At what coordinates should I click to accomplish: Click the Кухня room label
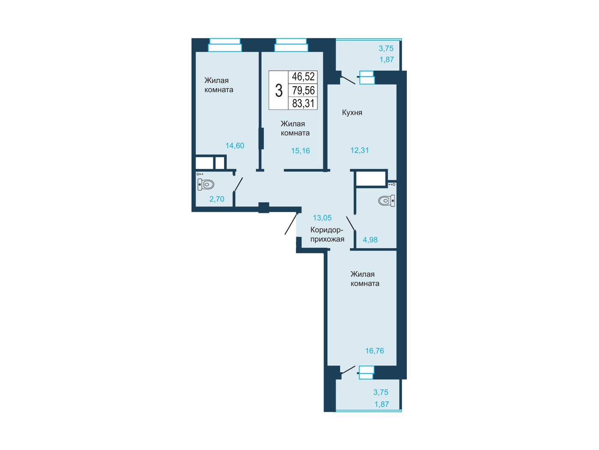[x=352, y=113]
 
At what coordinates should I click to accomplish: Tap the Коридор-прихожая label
[x=327, y=234]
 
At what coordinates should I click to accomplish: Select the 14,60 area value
[x=235, y=146]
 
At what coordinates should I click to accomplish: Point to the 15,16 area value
[x=300, y=150]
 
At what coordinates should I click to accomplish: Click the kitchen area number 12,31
[x=359, y=150]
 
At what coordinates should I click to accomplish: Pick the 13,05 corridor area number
[x=322, y=218]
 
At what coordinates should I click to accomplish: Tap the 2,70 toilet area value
[x=216, y=199]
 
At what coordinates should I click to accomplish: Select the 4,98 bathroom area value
[x=370, y=240]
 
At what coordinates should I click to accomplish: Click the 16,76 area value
[x=374, y=351]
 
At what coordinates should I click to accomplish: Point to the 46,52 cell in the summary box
[x=303, y=77]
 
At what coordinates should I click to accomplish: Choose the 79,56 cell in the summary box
[x=303, y=90]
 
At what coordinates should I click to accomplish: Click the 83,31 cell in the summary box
[x=303, y=103]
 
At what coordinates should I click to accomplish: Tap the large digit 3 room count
[x=279, y=90]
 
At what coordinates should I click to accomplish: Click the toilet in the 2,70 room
[x=206, y=184]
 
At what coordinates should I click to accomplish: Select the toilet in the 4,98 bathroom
[x=386, y=201]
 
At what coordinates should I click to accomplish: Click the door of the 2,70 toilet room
[x=239, y=184]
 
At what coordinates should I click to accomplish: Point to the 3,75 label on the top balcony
[x=386, y=48]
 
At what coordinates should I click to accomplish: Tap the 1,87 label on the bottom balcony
[x=382, y=404]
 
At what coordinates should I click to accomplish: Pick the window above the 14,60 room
[x=225, y=45]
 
